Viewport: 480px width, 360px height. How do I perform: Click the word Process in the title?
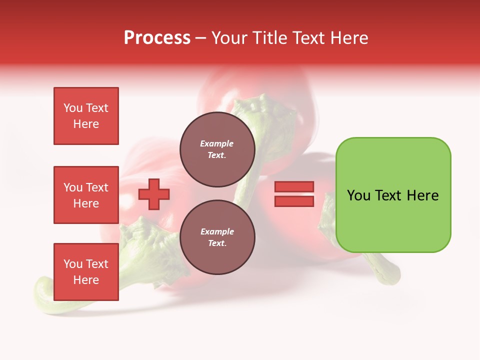pyautogui.click(x=157, y=38)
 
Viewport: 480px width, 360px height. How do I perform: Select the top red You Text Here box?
pyautogui.click(x=86, y=116)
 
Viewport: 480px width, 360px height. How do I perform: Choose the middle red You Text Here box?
pyautogui.click(x=86, y=195)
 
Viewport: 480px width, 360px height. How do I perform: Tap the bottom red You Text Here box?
pyautogui.click(x=86, y=272)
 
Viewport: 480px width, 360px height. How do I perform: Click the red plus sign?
pyautogui.click(x=154, y=194)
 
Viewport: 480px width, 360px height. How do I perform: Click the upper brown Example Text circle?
pyautogui.click(x=217, y=149)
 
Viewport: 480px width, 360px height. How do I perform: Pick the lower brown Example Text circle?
pyautogui.click(x=217, y=237)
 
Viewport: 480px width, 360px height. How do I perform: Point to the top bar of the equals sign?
pyautogui.click(x=294, y=187)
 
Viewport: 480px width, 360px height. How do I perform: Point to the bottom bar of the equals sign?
pyautogui.click(x=294, y=201)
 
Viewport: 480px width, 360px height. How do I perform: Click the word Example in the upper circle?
pyautogui.click(x=217, y=144)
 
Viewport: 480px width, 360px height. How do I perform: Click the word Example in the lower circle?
pyautogui.click(x=217, y=231)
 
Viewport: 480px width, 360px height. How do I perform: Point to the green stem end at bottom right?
pyautogui.click(x=392, y=275)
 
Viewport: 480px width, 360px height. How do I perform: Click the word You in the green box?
pyautogui.click(x=358, y=195)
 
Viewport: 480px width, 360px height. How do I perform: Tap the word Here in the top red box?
pyautogui.click(x=86, y=124)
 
